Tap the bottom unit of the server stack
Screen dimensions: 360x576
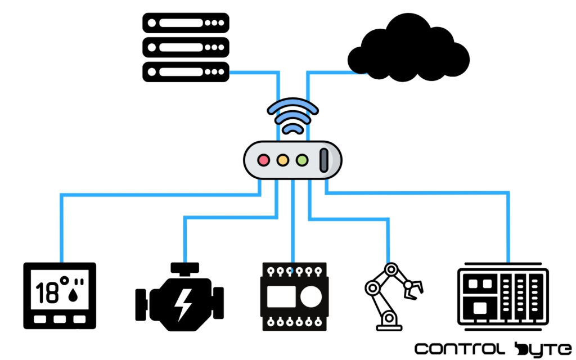tap(186, 72)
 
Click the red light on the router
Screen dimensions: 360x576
tap(263, 160)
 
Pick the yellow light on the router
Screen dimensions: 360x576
tap(283, 160)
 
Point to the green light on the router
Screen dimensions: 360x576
tap(302, 160)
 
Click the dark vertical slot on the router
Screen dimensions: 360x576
tap(325, 160)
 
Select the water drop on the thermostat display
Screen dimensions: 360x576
tap(71, 296)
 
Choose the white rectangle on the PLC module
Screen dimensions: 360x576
tap(278, 296)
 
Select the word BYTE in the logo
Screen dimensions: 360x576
tap(543, 349)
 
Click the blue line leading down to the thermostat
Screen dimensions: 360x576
tap(61, 225)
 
